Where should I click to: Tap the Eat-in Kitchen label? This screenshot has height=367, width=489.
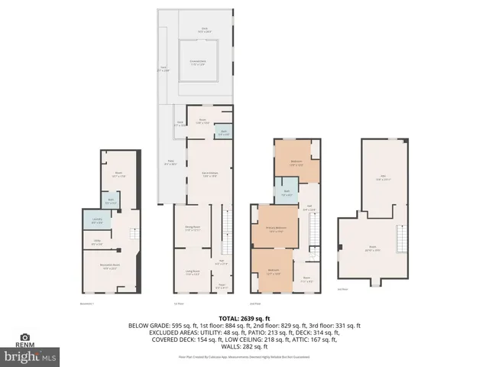coord(200,175)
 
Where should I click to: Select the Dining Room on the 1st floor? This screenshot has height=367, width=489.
coord(192,227)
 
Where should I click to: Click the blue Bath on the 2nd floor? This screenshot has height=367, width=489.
coord(286,194)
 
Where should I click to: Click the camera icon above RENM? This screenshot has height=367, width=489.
coord(24,337)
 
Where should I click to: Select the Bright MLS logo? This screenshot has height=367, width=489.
coord(30,356)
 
